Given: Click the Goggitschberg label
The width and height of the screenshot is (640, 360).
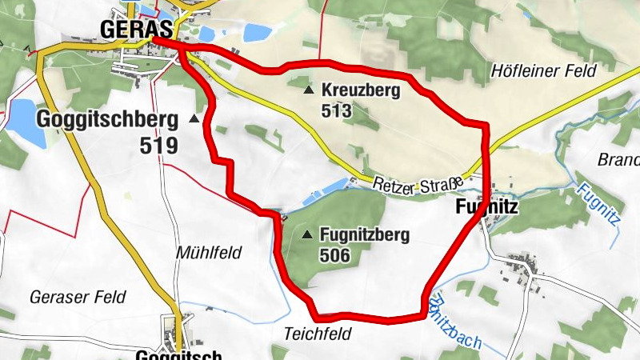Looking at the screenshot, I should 106,120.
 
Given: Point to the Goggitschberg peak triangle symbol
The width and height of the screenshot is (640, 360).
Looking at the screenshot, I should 194,119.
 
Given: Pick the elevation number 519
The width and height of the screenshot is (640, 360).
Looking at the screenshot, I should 158,146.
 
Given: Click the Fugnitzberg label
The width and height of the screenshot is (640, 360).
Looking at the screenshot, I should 365,235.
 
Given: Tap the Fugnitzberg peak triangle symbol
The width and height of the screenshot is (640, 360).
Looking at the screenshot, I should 308,235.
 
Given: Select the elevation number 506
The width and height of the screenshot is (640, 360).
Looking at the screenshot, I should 334,256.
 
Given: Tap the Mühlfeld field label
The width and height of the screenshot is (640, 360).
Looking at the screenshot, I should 208,253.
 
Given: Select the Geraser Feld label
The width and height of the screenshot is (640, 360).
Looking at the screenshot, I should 78,297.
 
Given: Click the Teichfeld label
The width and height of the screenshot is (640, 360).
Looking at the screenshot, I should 318,333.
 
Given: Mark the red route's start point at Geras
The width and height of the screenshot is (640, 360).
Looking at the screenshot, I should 154,39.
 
